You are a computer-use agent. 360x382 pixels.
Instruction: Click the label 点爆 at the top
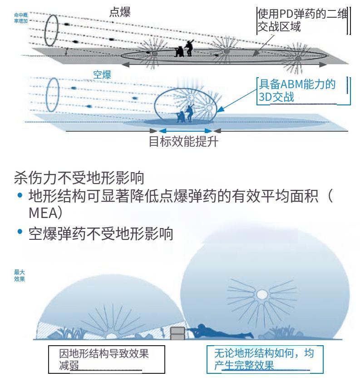click(x=120, y=13)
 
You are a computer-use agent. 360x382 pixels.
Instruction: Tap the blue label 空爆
click(x=102, y=75)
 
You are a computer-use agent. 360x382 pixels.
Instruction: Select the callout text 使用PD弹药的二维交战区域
click(x=301, y=20)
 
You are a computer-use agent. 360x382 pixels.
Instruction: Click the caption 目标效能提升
click(x=183, y=142)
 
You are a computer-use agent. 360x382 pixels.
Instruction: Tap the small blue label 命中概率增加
click(x=20, y=18)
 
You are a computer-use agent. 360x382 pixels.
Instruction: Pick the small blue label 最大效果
click(x=19, y=276)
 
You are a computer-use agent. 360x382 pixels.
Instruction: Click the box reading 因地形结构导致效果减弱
click(x=104, y=359)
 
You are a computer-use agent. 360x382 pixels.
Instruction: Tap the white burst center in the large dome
click(x=262, y=295)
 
